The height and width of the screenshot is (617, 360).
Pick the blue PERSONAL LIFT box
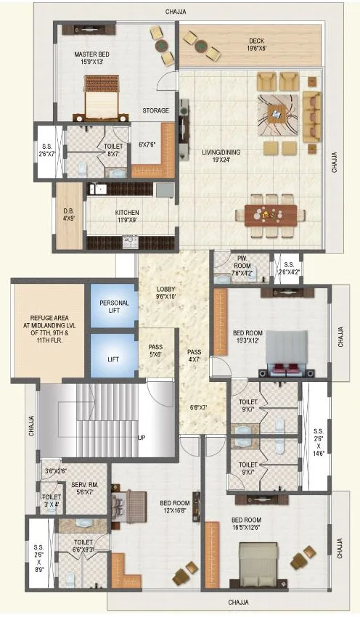(114, 306)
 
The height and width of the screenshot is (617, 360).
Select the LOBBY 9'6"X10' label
(166, 293)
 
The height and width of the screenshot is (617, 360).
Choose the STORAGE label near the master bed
(155, 110)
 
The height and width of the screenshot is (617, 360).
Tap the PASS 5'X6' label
(155, 351)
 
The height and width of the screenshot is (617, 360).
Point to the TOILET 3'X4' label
(52, 502)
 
